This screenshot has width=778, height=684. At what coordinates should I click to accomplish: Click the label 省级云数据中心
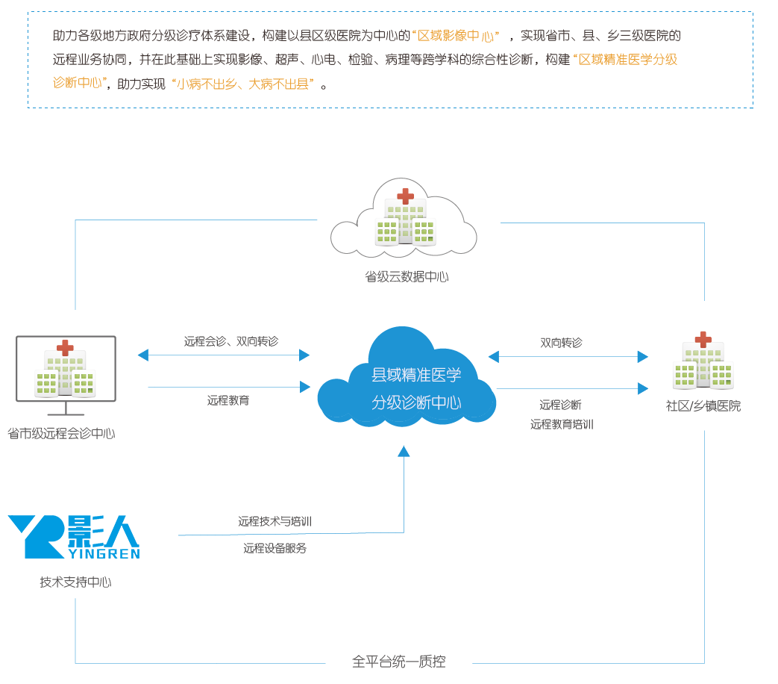coord(407,277)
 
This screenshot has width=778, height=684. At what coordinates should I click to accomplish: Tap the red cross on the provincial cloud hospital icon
coord(405,196)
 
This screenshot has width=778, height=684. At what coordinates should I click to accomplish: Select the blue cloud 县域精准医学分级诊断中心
coord(407,388)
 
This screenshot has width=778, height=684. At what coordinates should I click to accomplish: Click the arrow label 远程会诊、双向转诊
coord(231,341)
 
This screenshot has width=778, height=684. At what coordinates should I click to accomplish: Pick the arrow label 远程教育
coord(228,401)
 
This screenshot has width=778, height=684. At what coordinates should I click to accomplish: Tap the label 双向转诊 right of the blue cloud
coord(561,343)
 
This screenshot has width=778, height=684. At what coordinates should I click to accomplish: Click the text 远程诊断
coord(560,405)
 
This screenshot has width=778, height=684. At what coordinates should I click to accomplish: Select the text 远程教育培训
coord(562,424)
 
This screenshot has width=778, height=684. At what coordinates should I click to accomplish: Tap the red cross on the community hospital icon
coord(703,339)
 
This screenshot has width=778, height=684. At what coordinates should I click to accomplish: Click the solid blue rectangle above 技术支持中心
coord(73,537)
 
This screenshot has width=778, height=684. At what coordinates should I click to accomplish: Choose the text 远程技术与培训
coord(275,522)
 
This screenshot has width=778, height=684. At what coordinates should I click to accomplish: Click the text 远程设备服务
coord(275,548)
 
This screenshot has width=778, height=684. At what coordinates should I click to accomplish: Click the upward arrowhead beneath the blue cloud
coord(404,451)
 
